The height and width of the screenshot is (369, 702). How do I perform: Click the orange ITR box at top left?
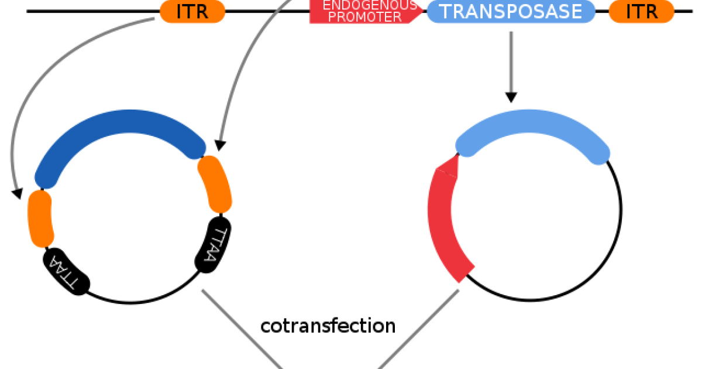click(192, 12)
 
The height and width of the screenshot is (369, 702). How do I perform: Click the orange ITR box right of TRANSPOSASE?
click(642, 12)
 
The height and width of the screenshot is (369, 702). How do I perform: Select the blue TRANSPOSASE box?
click(511, 12)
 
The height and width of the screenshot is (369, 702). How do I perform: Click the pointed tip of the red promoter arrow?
click(422, 12)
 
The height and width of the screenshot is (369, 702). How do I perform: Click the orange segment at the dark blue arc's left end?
click(41, 218)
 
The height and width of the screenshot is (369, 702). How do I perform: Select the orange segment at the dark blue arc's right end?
click(215, 183)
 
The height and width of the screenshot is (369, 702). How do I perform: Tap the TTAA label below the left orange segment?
click(63, 273)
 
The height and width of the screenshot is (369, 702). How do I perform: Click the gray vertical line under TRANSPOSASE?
click(512, 61)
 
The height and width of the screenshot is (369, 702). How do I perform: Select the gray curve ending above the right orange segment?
click(246, 59)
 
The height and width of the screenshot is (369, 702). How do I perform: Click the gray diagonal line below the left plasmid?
click(243, 328)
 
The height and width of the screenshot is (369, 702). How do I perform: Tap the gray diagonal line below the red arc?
click(418, 328)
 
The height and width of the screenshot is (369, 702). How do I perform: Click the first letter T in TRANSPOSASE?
click(446, 12)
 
